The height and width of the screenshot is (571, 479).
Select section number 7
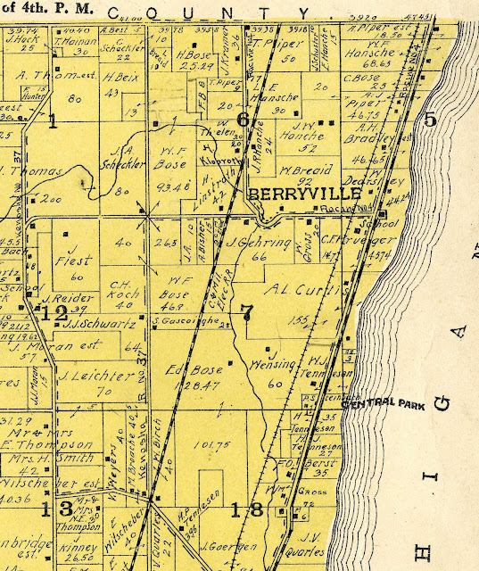(x=247, y=311)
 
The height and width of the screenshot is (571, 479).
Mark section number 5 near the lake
(x=430, y=121)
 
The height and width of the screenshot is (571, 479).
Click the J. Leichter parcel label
(x=85, y=375)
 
